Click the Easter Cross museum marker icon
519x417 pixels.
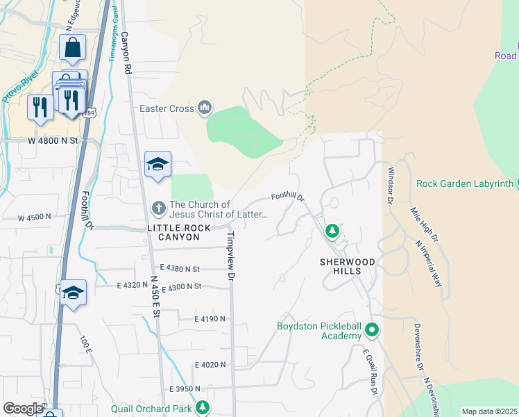(204, 108)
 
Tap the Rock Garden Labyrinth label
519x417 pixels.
(464, 184)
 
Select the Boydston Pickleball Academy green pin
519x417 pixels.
(372, 329)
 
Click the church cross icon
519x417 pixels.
(158, 208)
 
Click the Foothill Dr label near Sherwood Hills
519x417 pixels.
(288, 197)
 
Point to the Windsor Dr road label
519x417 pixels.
(391, 185)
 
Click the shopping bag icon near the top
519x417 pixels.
(72, 47)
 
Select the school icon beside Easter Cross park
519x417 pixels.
(158, 165)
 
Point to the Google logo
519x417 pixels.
(23, 409)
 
